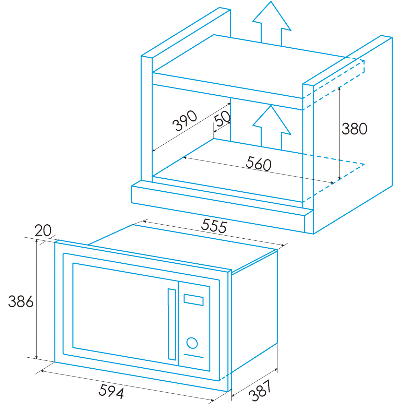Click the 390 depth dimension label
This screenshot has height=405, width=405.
click(185, 121)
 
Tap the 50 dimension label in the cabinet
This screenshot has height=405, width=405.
click(223, 119)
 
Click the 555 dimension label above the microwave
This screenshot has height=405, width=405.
click(214, 226)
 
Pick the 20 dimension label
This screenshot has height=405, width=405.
click(43, 230)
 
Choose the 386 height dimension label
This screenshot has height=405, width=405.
click(21, 301)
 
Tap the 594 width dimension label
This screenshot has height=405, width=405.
click(111, 391)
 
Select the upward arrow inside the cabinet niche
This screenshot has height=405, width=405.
click(272, 127)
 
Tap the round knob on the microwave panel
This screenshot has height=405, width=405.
click(192, 343)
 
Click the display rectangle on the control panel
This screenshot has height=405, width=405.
click(193, 299)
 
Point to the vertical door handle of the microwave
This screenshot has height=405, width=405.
click(171, 324)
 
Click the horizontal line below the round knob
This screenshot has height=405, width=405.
click(194, 356)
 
